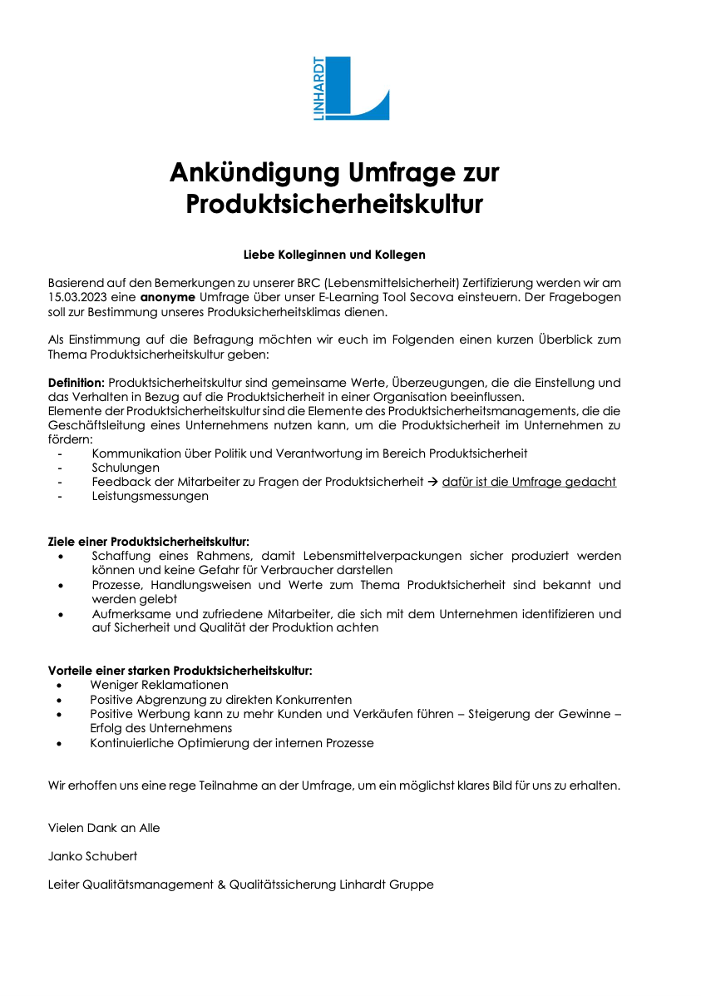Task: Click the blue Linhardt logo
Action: pos(351,88)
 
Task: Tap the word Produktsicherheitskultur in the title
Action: pos(334,204)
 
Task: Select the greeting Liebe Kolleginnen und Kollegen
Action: pos(334,254)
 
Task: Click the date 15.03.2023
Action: pos(81,298)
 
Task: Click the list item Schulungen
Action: pos(126,468)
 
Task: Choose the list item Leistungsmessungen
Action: pos(151,497)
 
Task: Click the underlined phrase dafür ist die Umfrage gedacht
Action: pos(529,483)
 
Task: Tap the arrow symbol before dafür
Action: pos(432,483)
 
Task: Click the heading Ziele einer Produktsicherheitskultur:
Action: pos(149,542)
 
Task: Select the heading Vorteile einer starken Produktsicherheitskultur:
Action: pos(180,671)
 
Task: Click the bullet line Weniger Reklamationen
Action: pos(159,685)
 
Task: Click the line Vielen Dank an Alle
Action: pos(104,828)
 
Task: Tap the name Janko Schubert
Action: pos(93,856)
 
